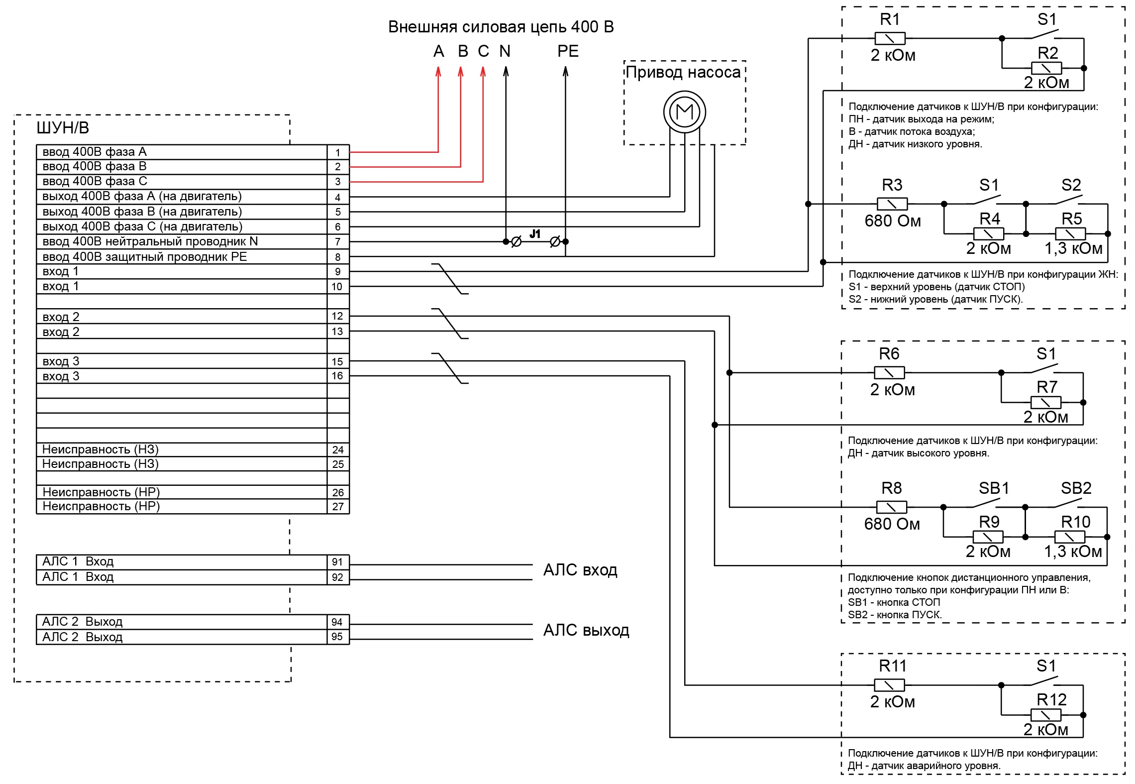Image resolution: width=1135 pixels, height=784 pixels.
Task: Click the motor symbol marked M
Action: point(684,112)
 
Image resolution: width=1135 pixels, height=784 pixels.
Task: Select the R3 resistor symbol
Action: point(892,204)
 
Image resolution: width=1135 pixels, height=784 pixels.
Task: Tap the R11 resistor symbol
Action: point(889,685)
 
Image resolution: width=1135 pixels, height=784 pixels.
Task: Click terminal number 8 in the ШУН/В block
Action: point(338,257)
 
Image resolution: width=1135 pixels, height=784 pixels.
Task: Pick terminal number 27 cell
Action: point(338,506)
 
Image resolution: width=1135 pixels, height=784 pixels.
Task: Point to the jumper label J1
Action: point(535,233)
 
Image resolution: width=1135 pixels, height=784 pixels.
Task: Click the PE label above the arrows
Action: point(568,51)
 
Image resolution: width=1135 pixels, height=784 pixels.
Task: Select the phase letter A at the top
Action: point(438,51)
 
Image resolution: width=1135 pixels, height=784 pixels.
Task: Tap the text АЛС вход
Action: point(580,569)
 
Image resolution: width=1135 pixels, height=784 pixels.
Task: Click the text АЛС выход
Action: point(586,630)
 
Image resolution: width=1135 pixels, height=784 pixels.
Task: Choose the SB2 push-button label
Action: point(1076,488)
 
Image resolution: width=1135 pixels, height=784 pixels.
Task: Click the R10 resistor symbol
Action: point(1069,537)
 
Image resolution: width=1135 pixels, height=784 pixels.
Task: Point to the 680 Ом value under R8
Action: point(892,524)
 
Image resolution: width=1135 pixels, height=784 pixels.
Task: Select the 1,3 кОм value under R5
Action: point(1073,248)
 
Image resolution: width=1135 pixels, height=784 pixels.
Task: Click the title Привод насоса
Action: point(683,72)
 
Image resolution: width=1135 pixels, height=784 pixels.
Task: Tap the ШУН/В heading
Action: point(63,128)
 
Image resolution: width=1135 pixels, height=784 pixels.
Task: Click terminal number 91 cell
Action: point(337,562)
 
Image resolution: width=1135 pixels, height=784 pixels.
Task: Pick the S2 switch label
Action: point(1071,185)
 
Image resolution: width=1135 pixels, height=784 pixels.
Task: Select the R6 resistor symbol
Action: point(889,372)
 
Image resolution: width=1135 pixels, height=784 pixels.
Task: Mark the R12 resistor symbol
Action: point(1045,715)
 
